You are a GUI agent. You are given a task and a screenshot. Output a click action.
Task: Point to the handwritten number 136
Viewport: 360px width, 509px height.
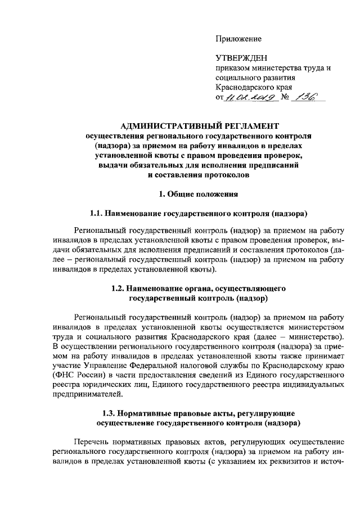(x=309, y=97)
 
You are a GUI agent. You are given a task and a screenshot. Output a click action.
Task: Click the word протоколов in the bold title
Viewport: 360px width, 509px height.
(x=219, y=174)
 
